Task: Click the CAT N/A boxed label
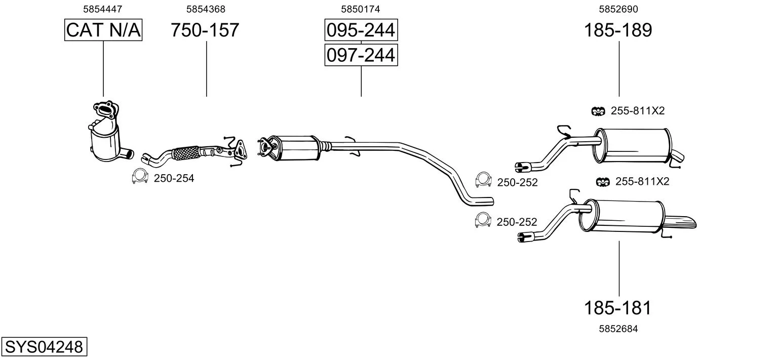(x=103, y=30)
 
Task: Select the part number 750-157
(x=205, y=30)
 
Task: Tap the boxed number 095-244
(x=361, y=30)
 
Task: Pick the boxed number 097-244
(x=361, y=55)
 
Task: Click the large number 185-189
(x=618, y=30)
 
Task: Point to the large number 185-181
(x=617, y=308)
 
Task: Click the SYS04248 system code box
(x=44, y=346)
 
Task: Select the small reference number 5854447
(x=103, y=9)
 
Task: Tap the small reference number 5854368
(x=206, y=9)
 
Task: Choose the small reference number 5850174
(x=361, y=9)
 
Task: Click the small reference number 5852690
(x=618, y=9)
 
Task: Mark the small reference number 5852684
(x=618, y=329)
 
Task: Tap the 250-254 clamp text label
(x=174, y=178)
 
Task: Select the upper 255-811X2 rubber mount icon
(x=598, y=111)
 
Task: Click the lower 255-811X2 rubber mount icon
(x=603, y=182)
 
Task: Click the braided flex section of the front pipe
(x=185, y=153)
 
